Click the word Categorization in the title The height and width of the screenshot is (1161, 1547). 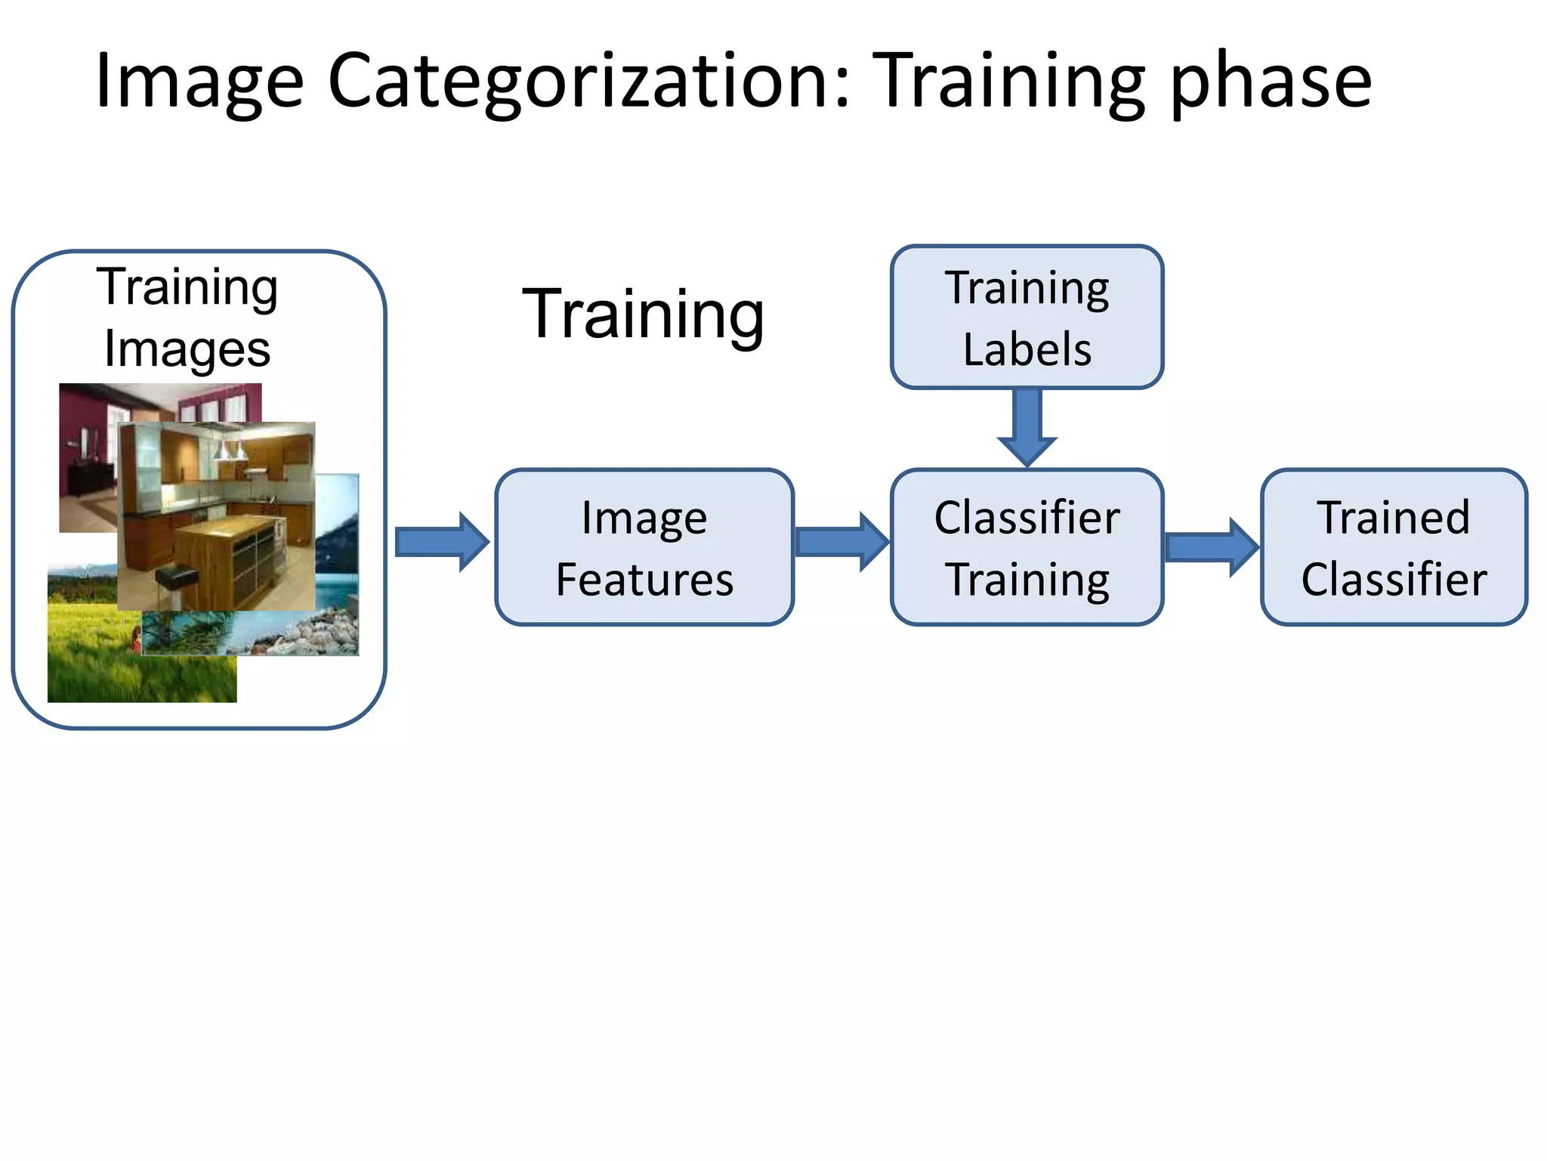coord(589,82)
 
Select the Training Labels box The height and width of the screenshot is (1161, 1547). coord(1027,317)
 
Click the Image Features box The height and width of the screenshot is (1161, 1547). coord(644,547)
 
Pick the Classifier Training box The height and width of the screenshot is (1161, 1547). coord(1027,547)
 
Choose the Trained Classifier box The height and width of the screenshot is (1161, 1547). coord(1394,547)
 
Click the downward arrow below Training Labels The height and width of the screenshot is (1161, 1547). coord(1027,427)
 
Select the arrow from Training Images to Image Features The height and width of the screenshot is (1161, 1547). coord(442,542)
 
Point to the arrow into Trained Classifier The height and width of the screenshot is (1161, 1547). coord(1211,547)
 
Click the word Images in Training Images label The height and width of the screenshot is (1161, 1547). coord(187,350)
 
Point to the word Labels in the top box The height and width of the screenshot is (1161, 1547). coord(1027,350)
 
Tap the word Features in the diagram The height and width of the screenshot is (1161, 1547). coord(644,580)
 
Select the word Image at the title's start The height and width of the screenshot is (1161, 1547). coord(199,82)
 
